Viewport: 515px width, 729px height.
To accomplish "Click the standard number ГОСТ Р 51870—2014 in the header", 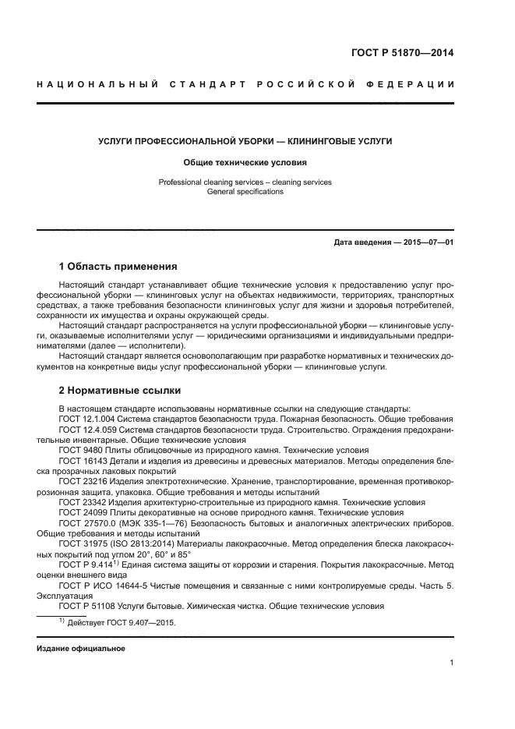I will [402, 53].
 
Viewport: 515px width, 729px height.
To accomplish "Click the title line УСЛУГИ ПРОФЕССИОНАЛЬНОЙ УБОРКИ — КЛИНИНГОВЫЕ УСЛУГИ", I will [245, 142].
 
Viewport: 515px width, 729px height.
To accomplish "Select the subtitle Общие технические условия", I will [245, 163].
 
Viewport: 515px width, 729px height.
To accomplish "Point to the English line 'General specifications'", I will [245, 192].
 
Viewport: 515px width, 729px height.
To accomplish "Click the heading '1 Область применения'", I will [118, 266].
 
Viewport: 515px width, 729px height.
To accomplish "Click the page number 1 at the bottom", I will [451, 663].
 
